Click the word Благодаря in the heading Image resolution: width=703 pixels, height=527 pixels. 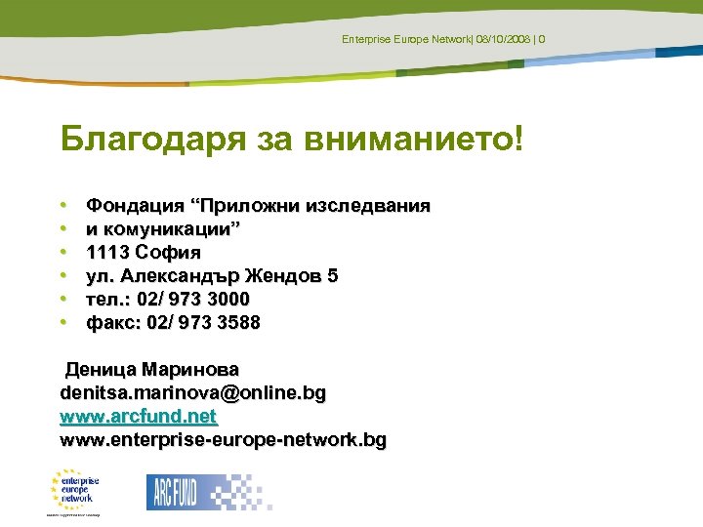click(x=139, y=140)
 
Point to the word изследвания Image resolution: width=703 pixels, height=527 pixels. click(x=367, y=206)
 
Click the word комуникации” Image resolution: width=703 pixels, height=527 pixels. click(x=173, y=229)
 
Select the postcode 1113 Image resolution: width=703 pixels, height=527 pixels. click(x=108, y=253)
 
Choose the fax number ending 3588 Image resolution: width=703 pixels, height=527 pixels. click(x=203, y=323)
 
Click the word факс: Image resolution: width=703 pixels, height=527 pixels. click(x=113, y=323)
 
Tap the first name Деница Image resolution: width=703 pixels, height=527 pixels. click(x=100, y=371)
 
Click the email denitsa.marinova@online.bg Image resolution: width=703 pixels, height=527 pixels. click(x=192, y=394)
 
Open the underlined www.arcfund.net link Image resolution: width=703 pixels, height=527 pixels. click(x=138, y=418)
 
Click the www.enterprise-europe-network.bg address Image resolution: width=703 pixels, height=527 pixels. click(x=223, y=441)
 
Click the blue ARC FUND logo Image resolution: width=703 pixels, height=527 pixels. click(x=173, y=491)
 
